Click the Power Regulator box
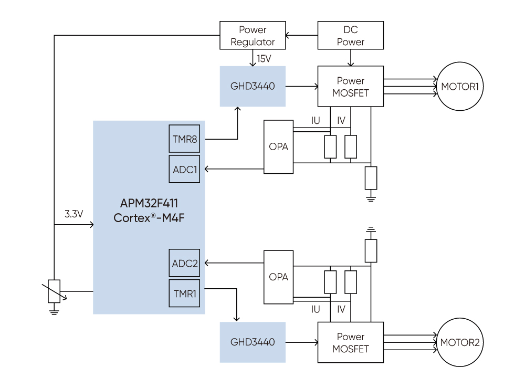253,36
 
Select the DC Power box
350,36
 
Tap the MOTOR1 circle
460,86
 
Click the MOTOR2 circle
460,342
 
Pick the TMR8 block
184,139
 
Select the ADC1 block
184,169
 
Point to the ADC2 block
184,263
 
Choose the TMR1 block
184,293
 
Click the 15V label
264,58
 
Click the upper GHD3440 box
253,86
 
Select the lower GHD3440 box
253,342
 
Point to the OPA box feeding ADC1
278,147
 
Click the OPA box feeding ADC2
278,277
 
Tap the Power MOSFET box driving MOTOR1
350,87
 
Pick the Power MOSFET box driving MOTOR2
350,342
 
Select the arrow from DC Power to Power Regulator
302,36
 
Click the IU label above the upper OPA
316,121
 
